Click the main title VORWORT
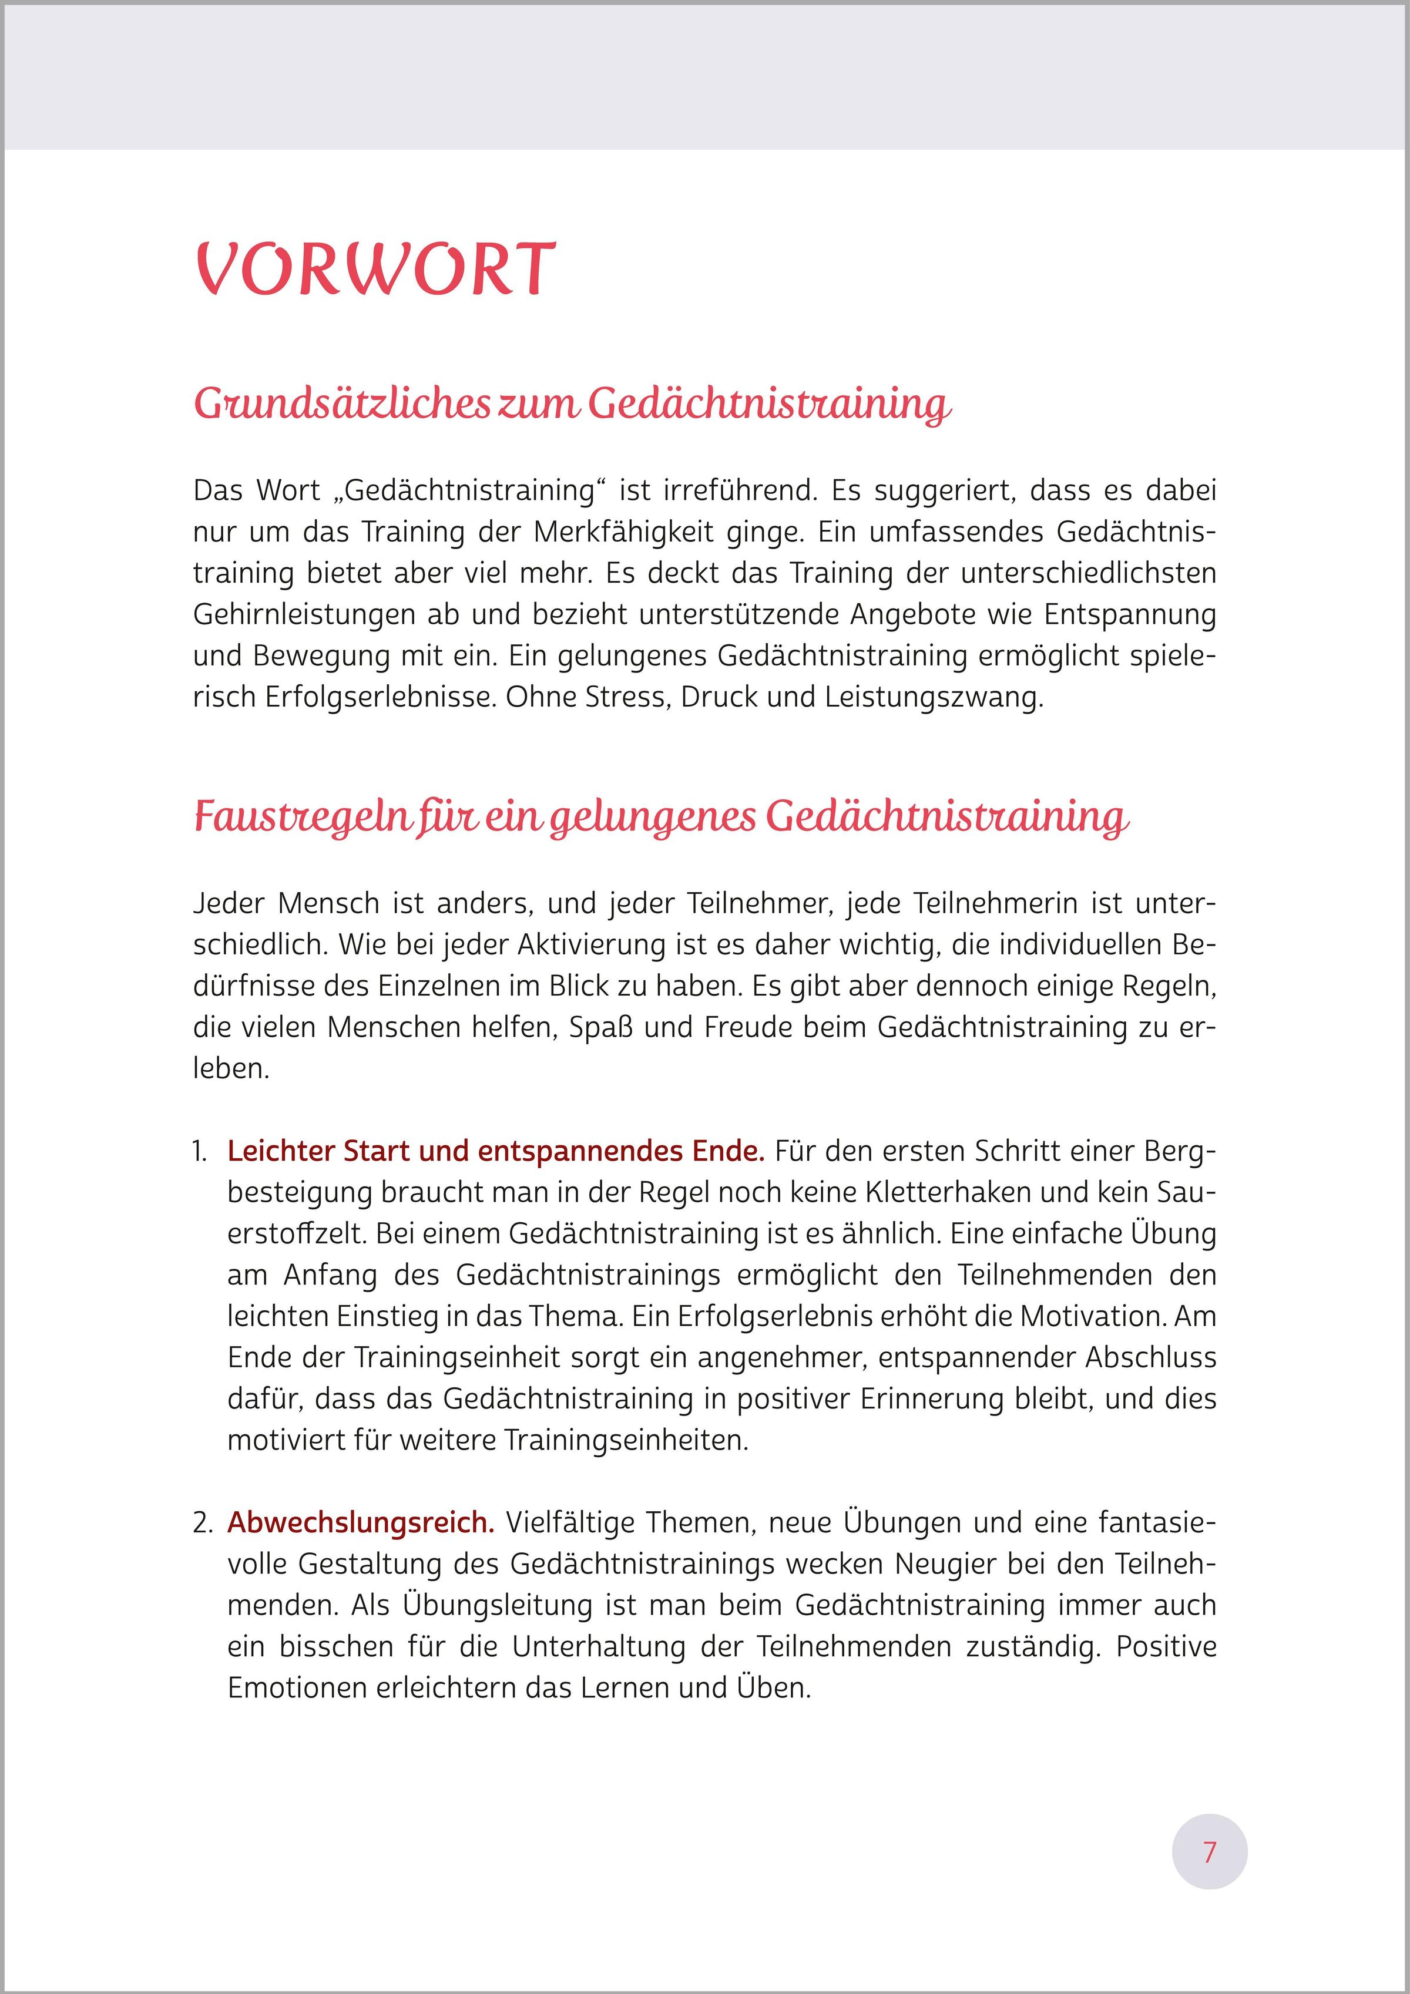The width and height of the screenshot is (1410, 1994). pyautogui.click(x=375, y=268)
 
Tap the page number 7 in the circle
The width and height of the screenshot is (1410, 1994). pyautogui.click(x=1209, y=1852)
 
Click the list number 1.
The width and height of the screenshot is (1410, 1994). pyautogui.click(x=200, y=1152)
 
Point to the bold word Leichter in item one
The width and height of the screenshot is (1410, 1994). pyautogui.click(x=281, y=1152)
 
